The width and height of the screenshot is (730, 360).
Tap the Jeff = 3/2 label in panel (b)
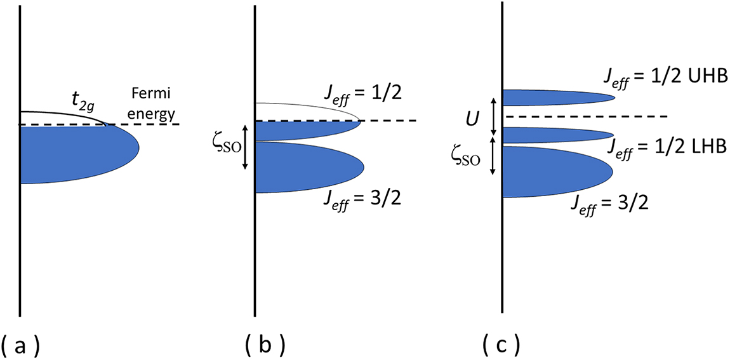[361, 203]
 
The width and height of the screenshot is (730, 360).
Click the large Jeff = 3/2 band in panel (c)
[552, 171]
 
